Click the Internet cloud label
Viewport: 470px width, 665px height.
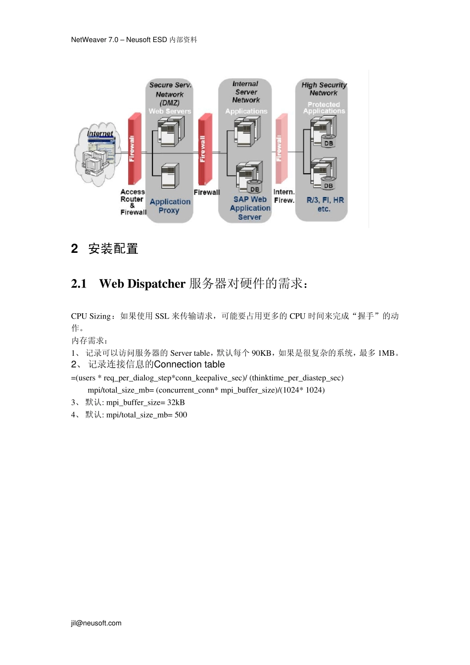coord(100,134)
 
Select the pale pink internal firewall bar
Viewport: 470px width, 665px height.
coord(281,148)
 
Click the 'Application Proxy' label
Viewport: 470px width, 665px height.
coord(170,206)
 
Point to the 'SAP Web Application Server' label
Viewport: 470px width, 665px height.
coord(250,208)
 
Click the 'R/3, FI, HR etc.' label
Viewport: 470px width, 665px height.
coord(325,204)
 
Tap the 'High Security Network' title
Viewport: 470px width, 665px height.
coord(324,89)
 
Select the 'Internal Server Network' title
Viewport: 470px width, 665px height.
coord(246,92)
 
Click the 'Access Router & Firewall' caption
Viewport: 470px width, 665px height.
coord(133,202)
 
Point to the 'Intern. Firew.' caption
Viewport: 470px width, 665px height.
coord(284,196)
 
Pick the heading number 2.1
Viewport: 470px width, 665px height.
coord(79,284)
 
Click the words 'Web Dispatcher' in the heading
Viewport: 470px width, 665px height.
coord(142,284)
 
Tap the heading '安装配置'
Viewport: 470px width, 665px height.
coord(113,248)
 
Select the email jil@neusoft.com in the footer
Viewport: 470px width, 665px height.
coord(96,623)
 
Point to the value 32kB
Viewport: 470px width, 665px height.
coord(176,402)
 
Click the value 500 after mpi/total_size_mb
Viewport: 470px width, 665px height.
coord(181,415)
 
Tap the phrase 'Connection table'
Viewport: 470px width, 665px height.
coord(189,365)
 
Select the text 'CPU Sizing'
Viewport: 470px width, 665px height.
coord(91,316)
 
